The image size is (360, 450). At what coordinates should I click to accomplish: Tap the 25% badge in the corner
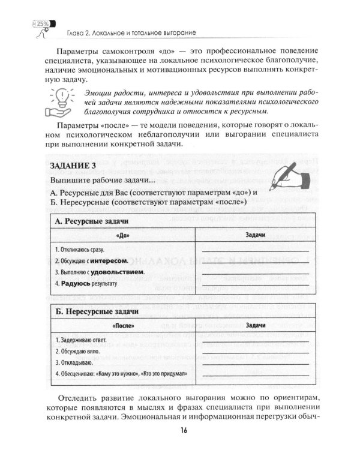click(x=43, y=25)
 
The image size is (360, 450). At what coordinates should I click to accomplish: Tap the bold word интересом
click(x=111, y=261)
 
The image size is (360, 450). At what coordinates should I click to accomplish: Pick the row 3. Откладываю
click(x=73, y=362)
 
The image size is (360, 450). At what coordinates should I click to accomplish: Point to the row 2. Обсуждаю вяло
click(x=76, y=350)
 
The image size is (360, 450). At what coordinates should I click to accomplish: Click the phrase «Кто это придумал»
click(x=163, y=373)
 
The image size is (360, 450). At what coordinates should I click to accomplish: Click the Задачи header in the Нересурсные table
click(x=255, y=325)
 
